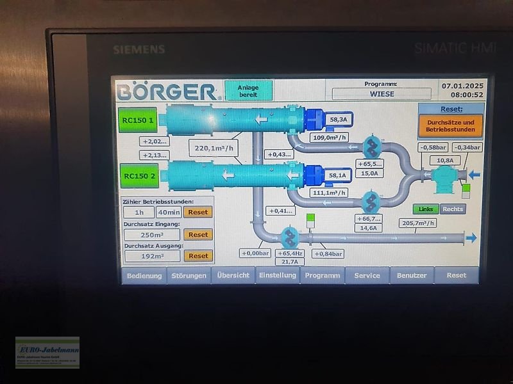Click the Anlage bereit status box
pos(248,90)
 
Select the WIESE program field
pos(382,93)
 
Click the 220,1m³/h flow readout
pos(213,148)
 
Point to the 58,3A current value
pos(338,119)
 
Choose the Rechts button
pos(453,209)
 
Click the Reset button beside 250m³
pos(198,234)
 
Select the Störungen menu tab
pos(189,275)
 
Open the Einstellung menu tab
pos(277,275)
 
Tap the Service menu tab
pos(367,275)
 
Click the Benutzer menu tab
pos(412,275)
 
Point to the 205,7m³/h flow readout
pos(417,223)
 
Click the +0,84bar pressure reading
pos(328,253)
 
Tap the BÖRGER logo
pos(166,92)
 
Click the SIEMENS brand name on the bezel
pos(139,49)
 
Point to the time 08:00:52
pos(462,95)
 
